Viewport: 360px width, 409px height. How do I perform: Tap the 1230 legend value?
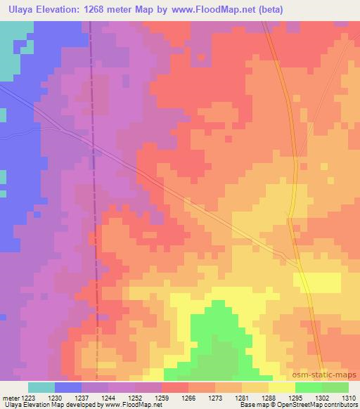tap(55, 398)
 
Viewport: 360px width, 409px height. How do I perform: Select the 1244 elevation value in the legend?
tap(108, 398)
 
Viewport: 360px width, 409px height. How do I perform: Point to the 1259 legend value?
tap(162, 398)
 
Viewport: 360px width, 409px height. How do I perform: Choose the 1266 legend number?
tap(188, 398)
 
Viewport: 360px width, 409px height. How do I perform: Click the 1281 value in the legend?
tap(242, 398)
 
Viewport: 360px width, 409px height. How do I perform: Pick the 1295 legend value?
tap(295, 398)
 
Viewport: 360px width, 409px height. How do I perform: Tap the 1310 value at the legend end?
tap(348, 398)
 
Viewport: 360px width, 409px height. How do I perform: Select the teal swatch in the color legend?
tap(41, 387)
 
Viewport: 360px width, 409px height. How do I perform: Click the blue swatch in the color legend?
tap(68, 387)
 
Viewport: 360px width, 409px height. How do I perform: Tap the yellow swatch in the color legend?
tap(281, 387)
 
